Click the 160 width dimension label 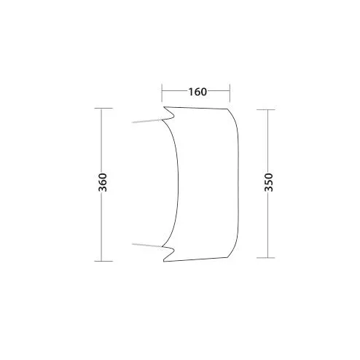coord(197,92)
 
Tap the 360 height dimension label coord(103,182)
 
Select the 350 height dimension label coord(269,182)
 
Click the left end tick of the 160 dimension coord(162,93)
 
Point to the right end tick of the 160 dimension coord(230,93)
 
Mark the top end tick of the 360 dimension coord(103,108)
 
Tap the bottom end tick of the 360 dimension coord(103,261)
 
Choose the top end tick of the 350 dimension coord(266,109)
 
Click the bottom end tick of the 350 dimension coord(266,258)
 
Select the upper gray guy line coord(147,121)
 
